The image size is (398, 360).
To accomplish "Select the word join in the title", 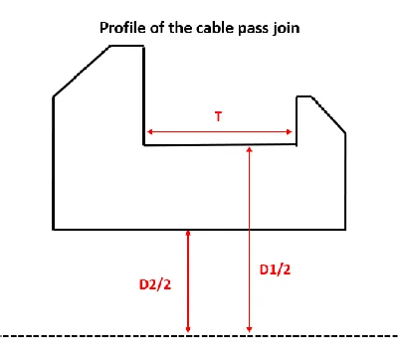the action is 287,29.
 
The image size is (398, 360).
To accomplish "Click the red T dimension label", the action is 218,116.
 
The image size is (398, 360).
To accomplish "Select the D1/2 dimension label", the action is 275,270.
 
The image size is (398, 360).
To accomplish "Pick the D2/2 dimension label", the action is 155,284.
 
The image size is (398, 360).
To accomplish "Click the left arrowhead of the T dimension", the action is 149,132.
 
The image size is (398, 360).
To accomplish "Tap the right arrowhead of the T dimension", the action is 290,132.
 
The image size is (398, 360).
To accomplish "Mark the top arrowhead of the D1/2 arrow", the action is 250,149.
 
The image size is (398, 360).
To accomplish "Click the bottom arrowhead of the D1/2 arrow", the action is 250,329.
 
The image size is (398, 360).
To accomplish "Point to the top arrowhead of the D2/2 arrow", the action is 188,233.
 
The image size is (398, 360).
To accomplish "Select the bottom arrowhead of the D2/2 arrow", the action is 188,329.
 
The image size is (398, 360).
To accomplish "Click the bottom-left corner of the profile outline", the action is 53,229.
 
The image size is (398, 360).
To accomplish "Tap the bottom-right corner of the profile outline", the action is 345,229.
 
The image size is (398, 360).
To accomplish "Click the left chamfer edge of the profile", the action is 82,72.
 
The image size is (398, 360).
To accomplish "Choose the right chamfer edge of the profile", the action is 328,114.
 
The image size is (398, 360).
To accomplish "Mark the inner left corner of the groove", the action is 144,145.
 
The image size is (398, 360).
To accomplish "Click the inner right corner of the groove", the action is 296,144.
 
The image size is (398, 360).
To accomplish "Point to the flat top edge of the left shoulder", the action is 127,46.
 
